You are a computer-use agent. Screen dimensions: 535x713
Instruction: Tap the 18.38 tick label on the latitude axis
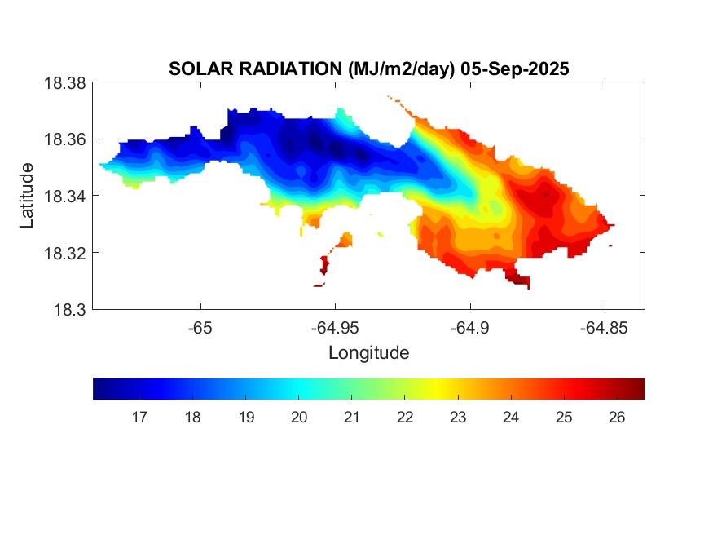point(64,83)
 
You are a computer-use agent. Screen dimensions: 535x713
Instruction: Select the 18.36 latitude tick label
point(64,139)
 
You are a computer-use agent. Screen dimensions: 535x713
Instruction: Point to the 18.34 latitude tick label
point(64,197)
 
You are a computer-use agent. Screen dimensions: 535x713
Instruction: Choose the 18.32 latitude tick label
point(64,253)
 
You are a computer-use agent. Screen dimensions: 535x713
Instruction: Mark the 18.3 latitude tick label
point(68,310)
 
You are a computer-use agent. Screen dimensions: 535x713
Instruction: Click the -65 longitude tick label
point(200,329)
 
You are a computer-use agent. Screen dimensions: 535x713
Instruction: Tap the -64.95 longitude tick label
point(335,329)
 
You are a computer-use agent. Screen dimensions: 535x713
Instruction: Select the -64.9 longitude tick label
point(469,329)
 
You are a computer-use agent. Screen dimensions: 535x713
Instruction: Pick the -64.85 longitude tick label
point(604,329)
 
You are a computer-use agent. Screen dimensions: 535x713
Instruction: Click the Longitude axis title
point(368,353)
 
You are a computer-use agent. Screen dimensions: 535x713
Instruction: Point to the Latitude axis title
point(28,196)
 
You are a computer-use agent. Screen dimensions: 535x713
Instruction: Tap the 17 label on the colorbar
point(139,418)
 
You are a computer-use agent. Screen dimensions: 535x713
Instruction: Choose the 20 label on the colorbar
point(298,418)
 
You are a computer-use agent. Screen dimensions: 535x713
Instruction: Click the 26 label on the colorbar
point(617,418)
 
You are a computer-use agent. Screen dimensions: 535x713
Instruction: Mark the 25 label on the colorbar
point(564,418)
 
